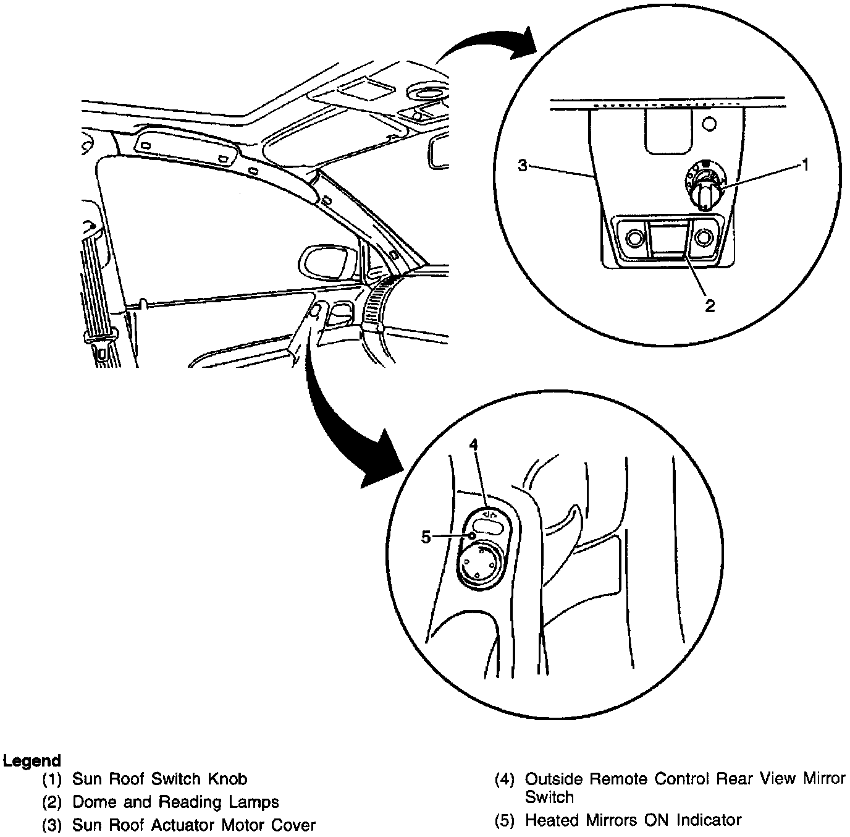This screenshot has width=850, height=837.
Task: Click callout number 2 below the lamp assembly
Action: tap(710, 305)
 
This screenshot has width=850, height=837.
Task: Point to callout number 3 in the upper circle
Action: tap(523, 166)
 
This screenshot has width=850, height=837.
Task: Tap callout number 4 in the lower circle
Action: tap(474, 444)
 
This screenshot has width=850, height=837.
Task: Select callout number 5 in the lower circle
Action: tap(426, 537)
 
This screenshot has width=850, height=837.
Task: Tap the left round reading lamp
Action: tap(634, 237)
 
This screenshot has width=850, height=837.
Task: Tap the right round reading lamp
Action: tap(703, 237)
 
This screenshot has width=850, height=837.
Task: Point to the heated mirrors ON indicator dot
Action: tap(472, 536)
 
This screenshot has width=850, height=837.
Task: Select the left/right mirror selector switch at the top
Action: tap(489, 525)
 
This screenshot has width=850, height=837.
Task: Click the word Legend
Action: tap(32, 761)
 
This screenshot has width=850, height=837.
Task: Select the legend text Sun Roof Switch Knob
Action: tap(159, 779)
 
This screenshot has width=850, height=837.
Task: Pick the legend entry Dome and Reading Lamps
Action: tap(175, 802)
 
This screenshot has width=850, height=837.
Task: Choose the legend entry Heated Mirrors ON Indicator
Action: tap(633, 820)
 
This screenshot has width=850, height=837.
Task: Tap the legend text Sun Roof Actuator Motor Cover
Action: tap(193, 825)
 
